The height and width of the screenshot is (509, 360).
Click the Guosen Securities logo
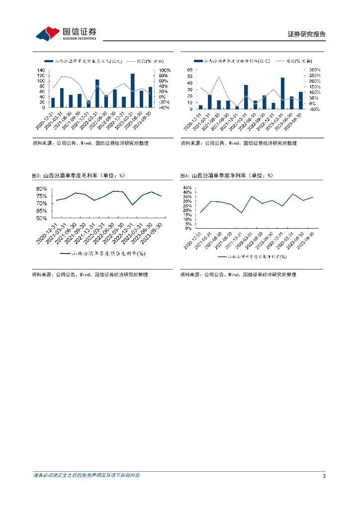click(66, 33)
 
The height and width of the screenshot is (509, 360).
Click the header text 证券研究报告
click(307, 34)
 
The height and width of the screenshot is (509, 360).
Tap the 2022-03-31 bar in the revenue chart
click(97, 93)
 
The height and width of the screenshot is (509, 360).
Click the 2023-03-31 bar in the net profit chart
click(282, 93)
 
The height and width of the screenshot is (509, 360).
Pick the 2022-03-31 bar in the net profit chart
click(246, 97)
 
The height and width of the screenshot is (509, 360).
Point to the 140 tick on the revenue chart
click(41, 70)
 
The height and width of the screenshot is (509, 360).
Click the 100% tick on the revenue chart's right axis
click(165, 70)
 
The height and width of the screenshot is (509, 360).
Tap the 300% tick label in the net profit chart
click(315, 70)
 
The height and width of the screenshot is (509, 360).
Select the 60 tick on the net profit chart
click(190, 70)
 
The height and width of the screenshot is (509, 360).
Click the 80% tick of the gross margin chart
click(41, 189)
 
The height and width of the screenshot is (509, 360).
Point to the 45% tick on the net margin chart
click(187, 188)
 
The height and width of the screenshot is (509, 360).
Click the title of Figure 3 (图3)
click(78, 175)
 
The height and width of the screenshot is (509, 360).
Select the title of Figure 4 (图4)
click(227, 175)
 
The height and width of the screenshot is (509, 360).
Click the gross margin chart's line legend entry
click(102, 253)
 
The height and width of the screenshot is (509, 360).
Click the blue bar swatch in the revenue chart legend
click(48, 61)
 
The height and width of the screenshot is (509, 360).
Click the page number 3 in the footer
click(324, 476)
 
